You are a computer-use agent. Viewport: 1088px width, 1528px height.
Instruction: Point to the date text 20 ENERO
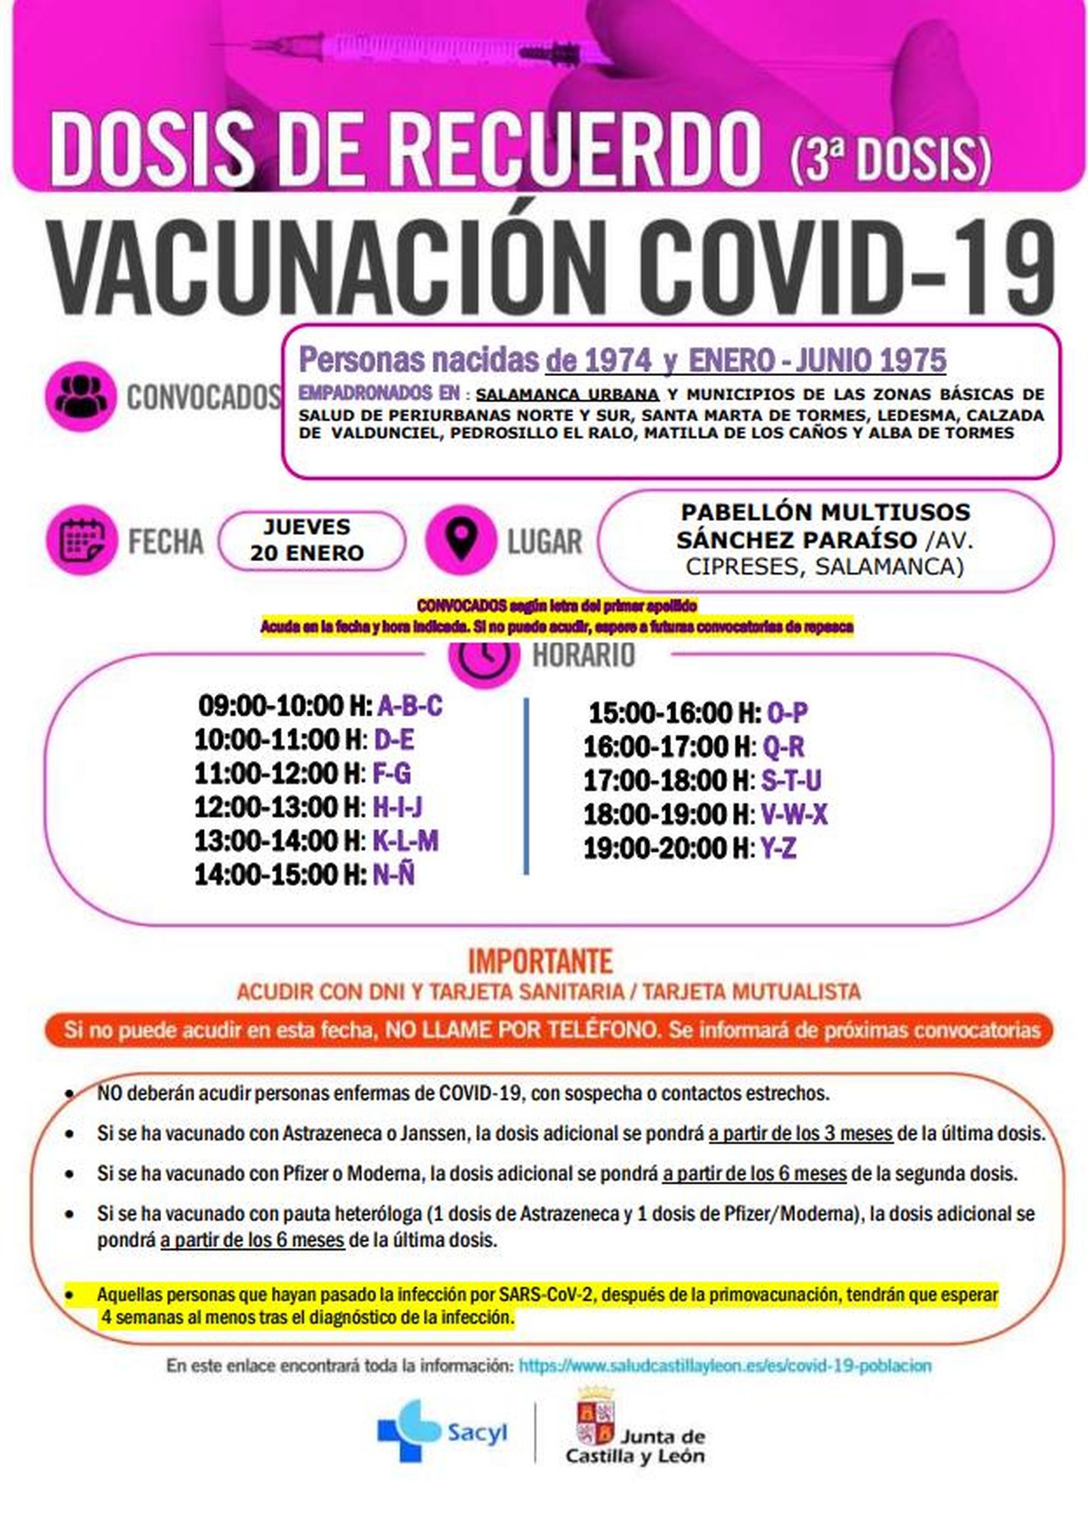pos(307,553)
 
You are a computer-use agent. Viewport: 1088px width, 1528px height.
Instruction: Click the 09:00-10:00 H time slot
pos(284,706)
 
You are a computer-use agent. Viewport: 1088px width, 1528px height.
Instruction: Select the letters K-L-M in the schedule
pos(405,841)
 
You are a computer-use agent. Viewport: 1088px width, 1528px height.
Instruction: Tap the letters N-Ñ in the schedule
pos(394,875)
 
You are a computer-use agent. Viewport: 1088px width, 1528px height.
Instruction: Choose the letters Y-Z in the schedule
pos(778,848)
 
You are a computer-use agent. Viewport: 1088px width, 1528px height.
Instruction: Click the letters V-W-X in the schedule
pos(794,814)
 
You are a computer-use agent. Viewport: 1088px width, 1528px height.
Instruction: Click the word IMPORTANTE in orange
pos(541,962)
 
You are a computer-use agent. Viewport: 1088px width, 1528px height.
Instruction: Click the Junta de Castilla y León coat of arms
pos(596,1420)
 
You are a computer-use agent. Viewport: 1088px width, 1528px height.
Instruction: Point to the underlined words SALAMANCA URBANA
pos(567,394)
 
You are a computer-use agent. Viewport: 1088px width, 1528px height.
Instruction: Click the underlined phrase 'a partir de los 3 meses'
pos(800,1134)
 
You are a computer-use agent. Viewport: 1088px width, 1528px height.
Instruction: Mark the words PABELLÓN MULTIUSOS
pos(826,511)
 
